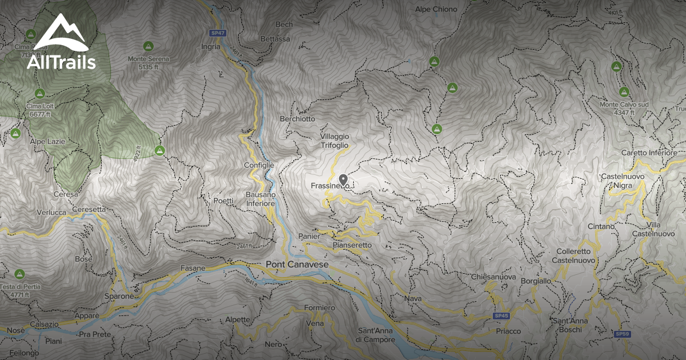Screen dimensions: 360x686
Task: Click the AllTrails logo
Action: click(61, 42)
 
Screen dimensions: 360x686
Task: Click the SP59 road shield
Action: click(621, 334)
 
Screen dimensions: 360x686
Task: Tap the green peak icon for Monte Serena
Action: click(147, 46)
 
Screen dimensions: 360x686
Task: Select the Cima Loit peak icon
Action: click(39, 93)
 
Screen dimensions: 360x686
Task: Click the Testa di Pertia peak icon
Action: click(19, 274)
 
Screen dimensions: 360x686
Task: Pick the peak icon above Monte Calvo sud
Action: click(623, 91)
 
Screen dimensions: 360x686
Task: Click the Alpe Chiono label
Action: click(436, 9)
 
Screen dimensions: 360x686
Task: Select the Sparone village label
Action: click(119, 297)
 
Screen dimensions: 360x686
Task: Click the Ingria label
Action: click(210, 47)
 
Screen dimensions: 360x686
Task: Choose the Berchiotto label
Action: click(297, 119)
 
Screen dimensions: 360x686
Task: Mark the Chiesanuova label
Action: click(494, 277)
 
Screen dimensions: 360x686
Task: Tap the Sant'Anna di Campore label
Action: click(376, 335)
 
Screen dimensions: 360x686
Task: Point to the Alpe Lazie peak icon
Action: click(15, 133)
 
